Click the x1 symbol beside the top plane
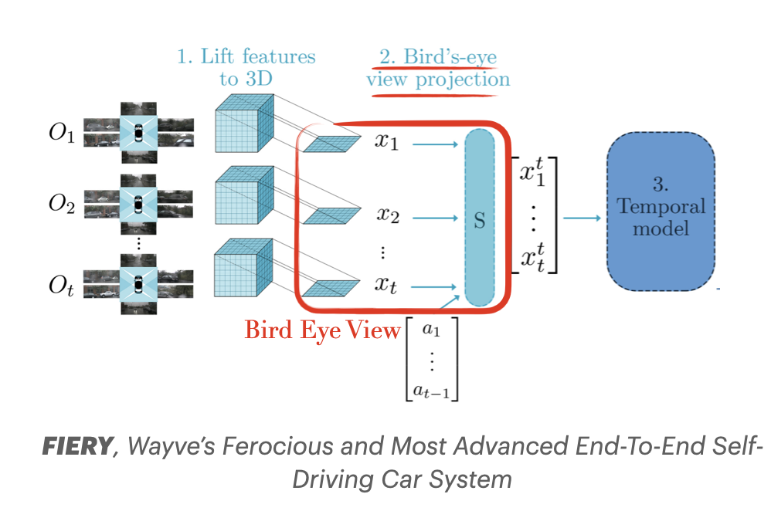tap(387, 142)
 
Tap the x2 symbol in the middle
tap(387, 217)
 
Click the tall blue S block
tap(479, 217)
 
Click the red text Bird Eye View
tap(323, 330)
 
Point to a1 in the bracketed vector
tap(430, 330)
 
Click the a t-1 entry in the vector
tap(430, 390)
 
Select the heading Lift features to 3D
tap(246, 67)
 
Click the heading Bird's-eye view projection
tap(438, 68)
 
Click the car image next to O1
tap(138, 133)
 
